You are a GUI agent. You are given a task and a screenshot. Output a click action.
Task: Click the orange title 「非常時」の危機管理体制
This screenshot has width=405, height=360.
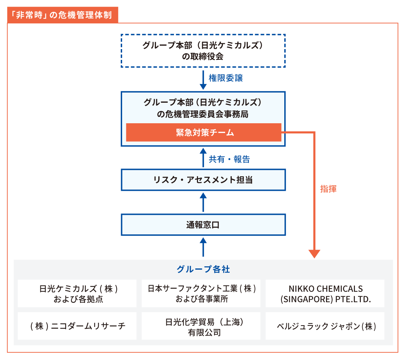(63, 15)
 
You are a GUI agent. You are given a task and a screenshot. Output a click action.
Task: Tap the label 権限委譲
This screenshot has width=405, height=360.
(226, 78)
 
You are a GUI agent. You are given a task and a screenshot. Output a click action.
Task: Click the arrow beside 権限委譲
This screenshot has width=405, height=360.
(203, 80)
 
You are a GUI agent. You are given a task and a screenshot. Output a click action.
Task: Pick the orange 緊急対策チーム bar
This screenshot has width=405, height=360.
(204, 132)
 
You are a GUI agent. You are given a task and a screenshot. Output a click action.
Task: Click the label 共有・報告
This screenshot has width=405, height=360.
(229, 159)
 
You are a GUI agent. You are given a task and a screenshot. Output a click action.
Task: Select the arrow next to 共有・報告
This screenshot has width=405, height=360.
(203, 157)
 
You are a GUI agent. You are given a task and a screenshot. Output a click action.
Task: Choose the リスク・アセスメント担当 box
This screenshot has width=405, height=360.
(203, 180)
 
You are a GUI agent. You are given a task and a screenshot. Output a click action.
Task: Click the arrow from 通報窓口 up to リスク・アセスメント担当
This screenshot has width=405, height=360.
(203, 202)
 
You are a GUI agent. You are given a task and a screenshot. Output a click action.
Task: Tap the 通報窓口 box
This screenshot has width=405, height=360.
(203, 225)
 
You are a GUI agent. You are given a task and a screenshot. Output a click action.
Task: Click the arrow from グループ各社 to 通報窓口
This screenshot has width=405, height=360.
(203, 247)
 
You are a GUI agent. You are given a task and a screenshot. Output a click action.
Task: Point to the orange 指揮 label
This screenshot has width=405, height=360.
(328, 189)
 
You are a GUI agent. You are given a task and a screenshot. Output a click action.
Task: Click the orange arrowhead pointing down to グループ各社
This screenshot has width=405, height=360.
(314, 254)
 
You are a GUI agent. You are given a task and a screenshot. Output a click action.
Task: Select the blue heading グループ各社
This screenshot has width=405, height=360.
(203, 269)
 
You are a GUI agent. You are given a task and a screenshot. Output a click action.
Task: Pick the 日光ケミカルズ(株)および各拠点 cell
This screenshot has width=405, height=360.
(77, 293)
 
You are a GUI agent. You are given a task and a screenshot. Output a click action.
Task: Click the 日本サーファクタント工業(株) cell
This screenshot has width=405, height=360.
(201, 293)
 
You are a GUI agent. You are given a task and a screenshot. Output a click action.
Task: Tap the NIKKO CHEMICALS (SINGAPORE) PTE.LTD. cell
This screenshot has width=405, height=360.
(325, 293)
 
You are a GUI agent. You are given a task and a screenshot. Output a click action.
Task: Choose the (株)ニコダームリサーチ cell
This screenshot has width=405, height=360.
(77, 326)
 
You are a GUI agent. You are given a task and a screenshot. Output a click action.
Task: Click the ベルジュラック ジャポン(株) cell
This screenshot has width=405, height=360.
(325, 326)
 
